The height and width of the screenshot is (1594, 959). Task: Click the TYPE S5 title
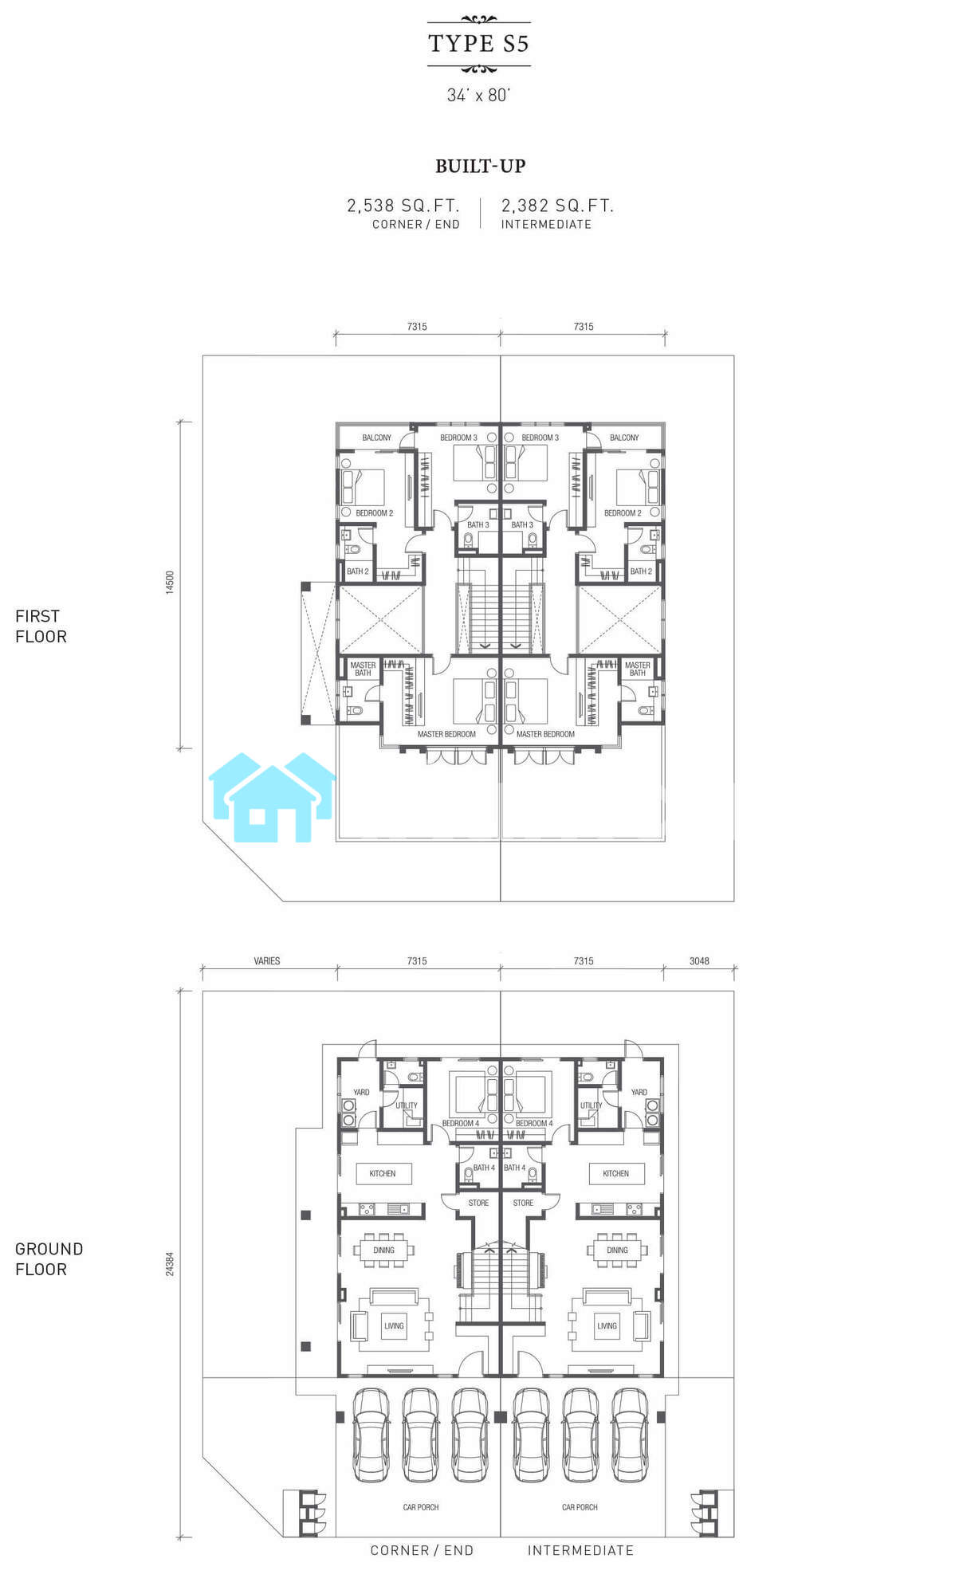click(478, 43)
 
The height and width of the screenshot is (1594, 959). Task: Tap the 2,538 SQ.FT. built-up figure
click(403, 206)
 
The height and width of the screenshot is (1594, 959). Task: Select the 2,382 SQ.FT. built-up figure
click(557, 206)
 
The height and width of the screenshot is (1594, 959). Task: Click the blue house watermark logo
click(272, 797)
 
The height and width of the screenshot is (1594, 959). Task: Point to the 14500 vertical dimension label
click(169, 582)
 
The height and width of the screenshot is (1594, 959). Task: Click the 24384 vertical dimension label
click(169, 1263)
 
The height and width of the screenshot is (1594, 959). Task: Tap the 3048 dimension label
click(699, 961)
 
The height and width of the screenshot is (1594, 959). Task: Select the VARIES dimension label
click(267, 961)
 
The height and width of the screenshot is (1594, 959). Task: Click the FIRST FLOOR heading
click(41, 626)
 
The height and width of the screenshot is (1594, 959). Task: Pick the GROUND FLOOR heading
click(49, 1259)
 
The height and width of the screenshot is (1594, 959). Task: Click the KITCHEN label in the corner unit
click(383, 1173)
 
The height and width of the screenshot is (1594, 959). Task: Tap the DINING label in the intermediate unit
click(617, 1250)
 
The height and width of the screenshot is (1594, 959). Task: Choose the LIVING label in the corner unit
click(394, 1325)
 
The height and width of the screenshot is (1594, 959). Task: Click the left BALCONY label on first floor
click(377, 438)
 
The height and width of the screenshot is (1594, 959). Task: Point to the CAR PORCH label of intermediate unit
click(580, 1507)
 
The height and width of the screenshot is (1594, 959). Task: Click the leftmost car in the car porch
click(371, 1435)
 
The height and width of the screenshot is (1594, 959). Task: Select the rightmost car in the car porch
click(630, 1435)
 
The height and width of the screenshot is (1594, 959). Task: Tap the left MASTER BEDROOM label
click(446, 734)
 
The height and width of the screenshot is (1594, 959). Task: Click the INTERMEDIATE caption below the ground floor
click(580, 1550)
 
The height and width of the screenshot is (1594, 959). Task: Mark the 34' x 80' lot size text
click(478, 95)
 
